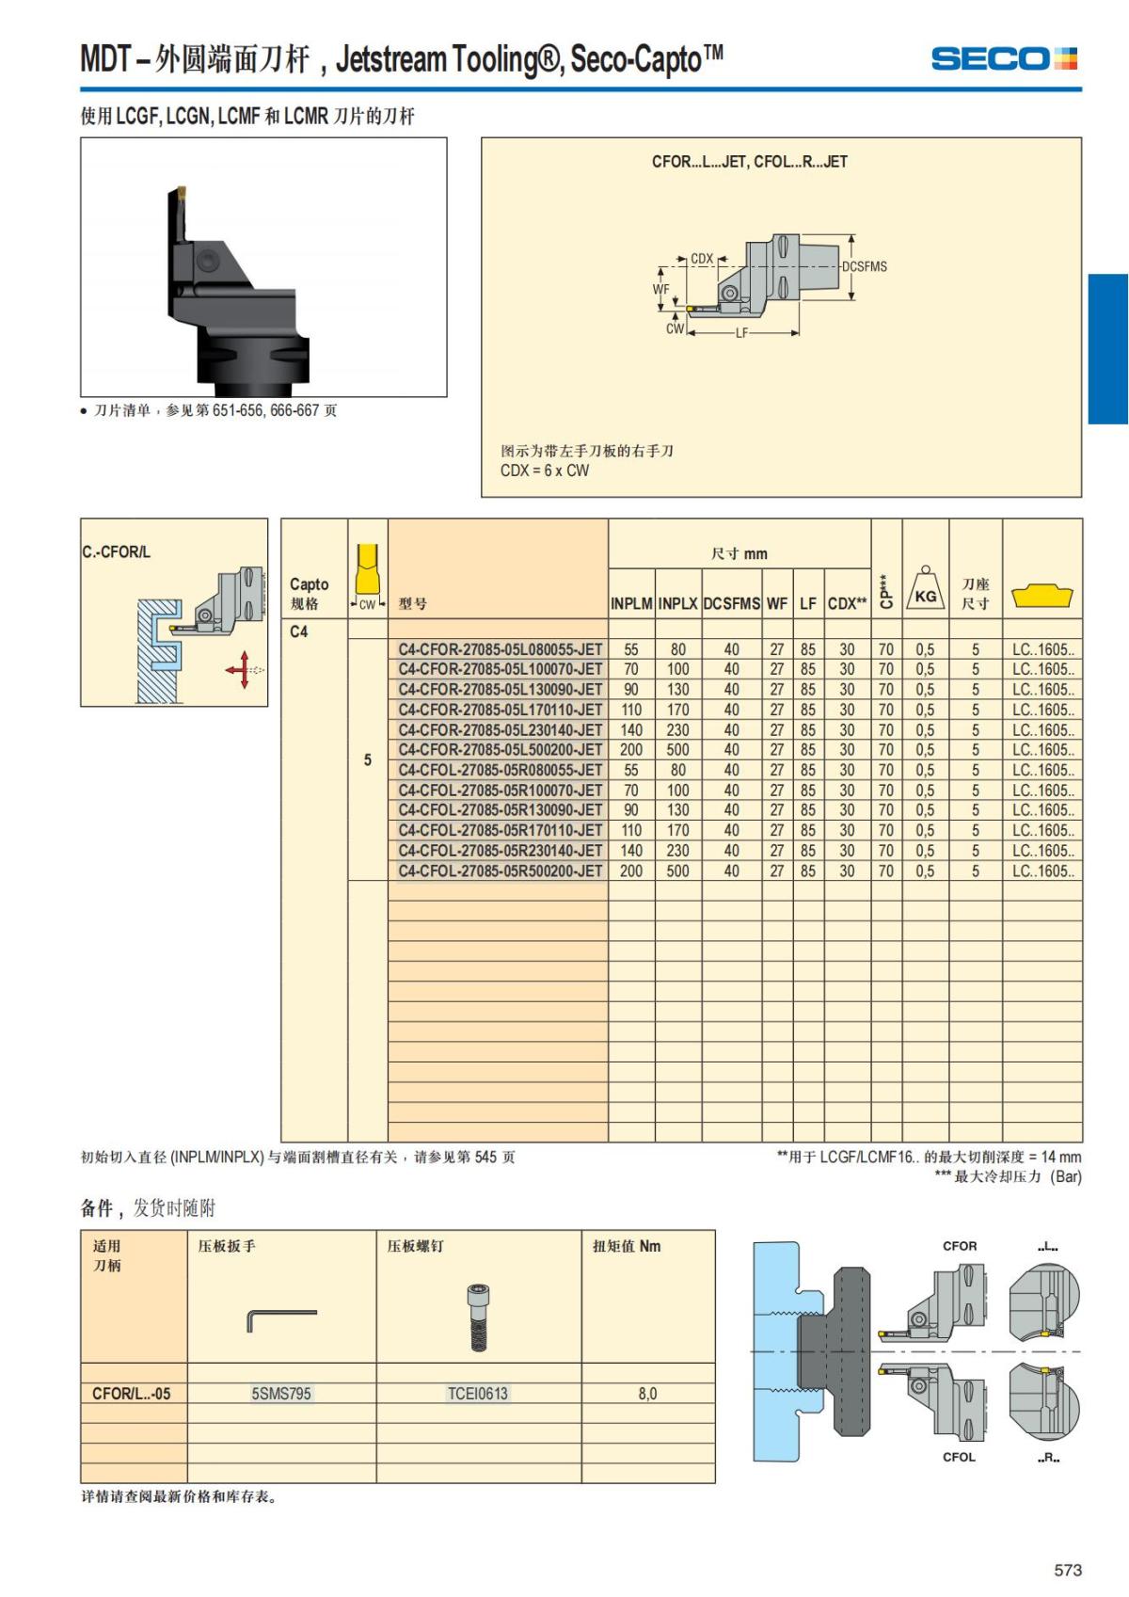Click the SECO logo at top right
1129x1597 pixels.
(x=1003, y=58)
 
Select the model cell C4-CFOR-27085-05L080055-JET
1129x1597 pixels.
(x=500, y=649)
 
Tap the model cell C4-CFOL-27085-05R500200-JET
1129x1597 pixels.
(x=500, y=871)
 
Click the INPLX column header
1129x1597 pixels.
(x=677, y=603)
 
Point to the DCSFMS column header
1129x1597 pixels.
(x=731, y=603)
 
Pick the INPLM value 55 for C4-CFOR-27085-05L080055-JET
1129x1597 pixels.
(x=630, y=649)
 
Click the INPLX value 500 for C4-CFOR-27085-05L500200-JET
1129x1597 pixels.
(x=677, y=750)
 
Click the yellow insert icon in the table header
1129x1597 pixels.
(x=1042, y=596)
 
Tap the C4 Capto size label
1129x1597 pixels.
(x=298, y=631)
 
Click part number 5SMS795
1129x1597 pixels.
(x=280, y=1394)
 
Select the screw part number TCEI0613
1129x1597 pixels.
(x=478, y=1394)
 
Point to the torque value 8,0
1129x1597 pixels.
(x=647, y=1394)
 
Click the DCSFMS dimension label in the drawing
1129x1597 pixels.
(x=864, y=266)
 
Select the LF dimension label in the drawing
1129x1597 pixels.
(x=741, y=333)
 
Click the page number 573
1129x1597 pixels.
(x=1068, y=1570)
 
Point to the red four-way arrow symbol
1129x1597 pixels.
(x=243, y=669)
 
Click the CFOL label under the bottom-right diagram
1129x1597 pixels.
(x=959, y=1457)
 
